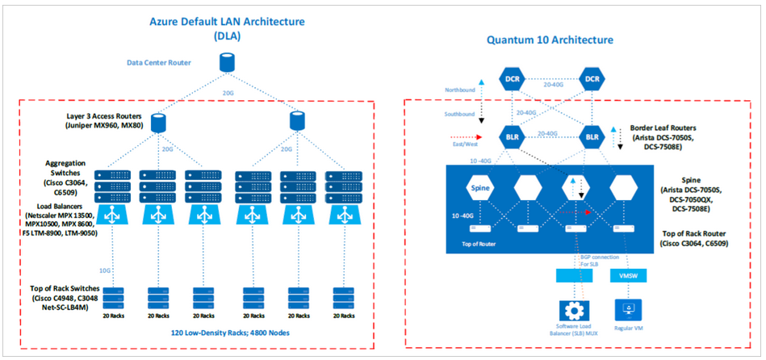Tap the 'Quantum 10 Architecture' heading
point(550,40)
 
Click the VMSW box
point(626,275)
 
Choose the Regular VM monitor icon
point(626,311)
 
